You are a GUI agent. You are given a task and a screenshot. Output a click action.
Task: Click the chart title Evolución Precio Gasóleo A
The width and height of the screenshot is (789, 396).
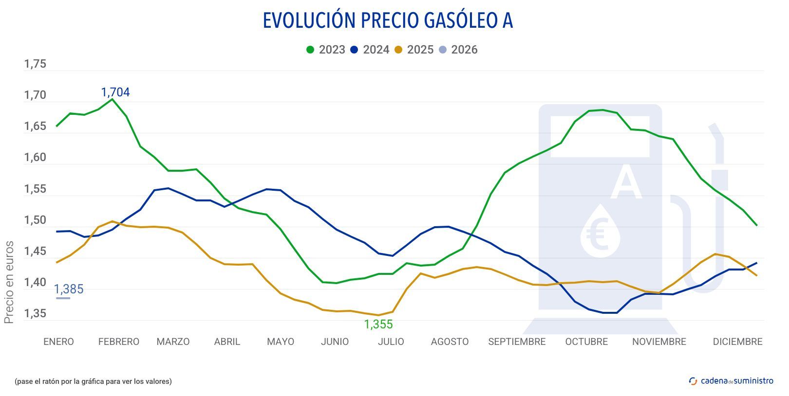pos(388,21)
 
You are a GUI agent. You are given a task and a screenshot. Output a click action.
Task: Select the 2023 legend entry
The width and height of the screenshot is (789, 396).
pos(326,50)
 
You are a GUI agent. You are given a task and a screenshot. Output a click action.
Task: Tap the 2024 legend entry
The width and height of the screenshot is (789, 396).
pos(370,50)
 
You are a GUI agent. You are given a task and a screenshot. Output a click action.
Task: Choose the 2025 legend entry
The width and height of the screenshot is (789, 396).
pos(414,50)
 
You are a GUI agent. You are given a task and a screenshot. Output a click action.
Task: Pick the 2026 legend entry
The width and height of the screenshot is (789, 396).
pos(458,50)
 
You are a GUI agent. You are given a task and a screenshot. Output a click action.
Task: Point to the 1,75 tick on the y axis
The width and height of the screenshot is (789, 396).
pos(35,64)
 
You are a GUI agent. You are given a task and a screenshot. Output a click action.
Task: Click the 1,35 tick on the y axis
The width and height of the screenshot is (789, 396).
pos(35,314)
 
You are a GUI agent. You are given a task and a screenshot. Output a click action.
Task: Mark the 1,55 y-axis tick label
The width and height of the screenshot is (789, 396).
pos(35,189)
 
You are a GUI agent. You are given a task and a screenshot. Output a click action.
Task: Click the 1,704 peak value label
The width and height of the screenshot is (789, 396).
pos(115,92)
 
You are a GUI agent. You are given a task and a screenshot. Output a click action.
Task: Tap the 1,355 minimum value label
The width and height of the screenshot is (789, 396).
pos(378,324)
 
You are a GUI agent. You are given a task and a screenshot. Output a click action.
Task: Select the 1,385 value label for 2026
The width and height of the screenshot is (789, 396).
pos(69,289)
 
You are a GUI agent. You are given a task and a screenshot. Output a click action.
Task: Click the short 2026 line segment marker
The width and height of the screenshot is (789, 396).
pos(63,298)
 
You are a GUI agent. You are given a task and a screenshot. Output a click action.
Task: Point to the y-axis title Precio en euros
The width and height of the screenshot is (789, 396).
pos(9,282)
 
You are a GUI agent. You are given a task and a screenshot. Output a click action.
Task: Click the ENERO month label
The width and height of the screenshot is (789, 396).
pos(58,342)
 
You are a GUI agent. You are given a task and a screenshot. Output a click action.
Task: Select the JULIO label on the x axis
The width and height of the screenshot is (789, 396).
pos(391,342)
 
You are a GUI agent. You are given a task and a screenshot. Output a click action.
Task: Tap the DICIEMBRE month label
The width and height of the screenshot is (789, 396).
pos(737,342)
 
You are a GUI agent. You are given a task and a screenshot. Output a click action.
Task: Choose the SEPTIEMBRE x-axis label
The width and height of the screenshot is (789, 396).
pos(517,342)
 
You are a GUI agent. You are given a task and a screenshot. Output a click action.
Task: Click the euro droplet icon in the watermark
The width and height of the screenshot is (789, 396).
pos(600,231)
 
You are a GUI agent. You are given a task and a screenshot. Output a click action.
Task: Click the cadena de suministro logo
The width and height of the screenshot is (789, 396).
pos(731,381)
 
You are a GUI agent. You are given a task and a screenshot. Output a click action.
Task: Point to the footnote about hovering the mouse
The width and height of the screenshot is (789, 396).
pos(94,381)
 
